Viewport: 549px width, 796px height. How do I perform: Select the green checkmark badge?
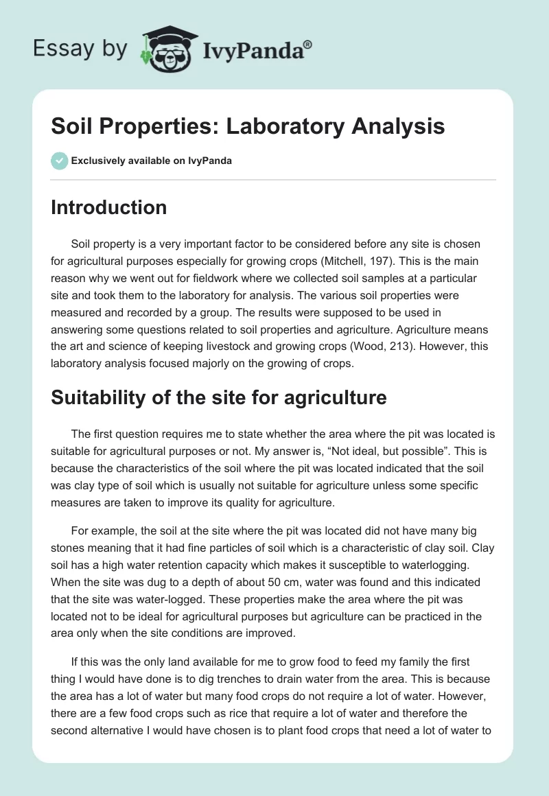(x=59, y=161)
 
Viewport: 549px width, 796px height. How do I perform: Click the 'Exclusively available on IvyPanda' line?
(x=151, y=161)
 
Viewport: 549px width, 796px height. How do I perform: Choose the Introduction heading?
(x=108, y=207)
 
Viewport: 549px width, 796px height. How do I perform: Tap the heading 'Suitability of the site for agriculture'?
(x=218, y=397)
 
